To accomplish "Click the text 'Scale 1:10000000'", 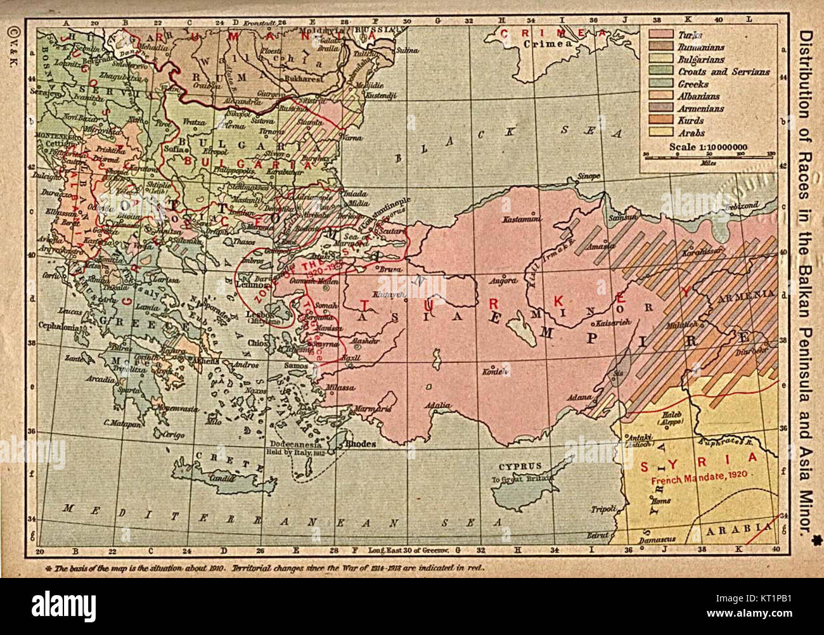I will [707, 148].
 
